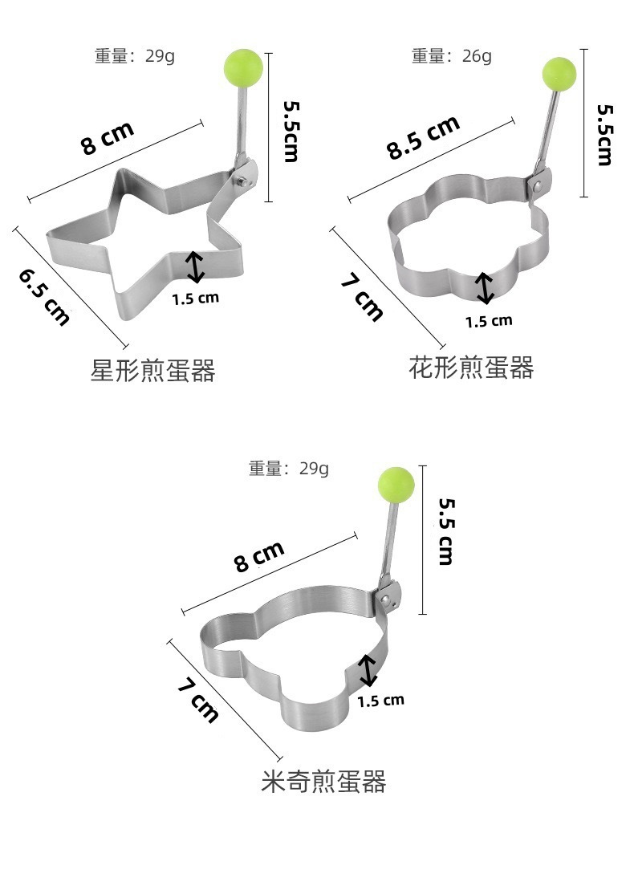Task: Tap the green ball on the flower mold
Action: tap(559, 73)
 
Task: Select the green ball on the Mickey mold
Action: tap(396, 484)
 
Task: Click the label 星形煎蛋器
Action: tap(152, 371)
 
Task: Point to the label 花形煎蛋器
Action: tap(471, 368)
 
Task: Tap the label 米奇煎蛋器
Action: tap(323, 781)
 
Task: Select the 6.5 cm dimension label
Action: tap(45, 297)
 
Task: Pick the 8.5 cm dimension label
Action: tap(424, 137)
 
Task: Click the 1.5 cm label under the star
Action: tap(195, 298)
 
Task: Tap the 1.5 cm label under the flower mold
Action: tap(489, 321)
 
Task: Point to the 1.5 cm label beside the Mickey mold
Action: tap(380, 701)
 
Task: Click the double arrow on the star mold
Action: tap(195, 267)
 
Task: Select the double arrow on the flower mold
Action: tap(484, 289)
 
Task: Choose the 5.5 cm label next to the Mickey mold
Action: tap(446, 531)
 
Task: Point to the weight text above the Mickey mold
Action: tap(289, 469)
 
